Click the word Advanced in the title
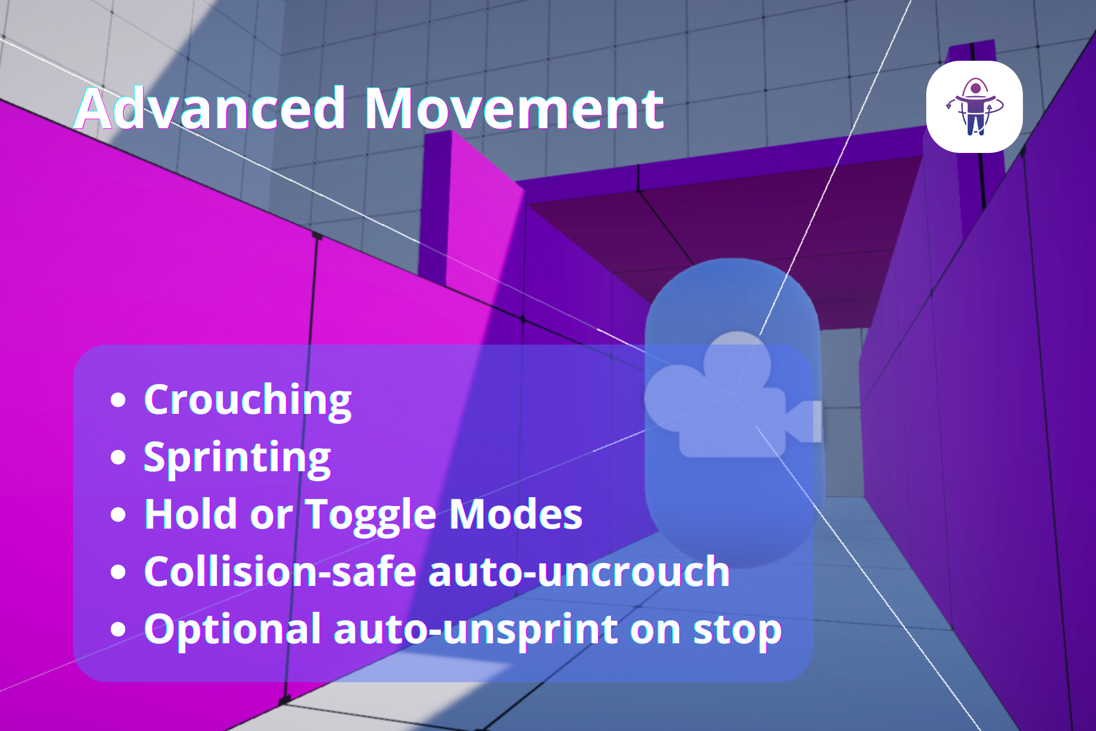coord(210,108)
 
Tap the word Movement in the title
coord(514,108)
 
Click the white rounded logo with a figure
coord(974,106)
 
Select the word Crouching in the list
coord(248,400)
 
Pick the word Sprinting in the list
coord(237,458)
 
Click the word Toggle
coord(371,515)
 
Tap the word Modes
coord(516,514)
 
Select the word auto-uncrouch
coord(579,571)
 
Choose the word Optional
coord(233,629)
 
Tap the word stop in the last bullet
coord(737,630)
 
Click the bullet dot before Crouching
coord(118,400)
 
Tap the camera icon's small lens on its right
coord(804,421)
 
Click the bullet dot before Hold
coord(118,515)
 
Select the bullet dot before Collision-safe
coord(118,572)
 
